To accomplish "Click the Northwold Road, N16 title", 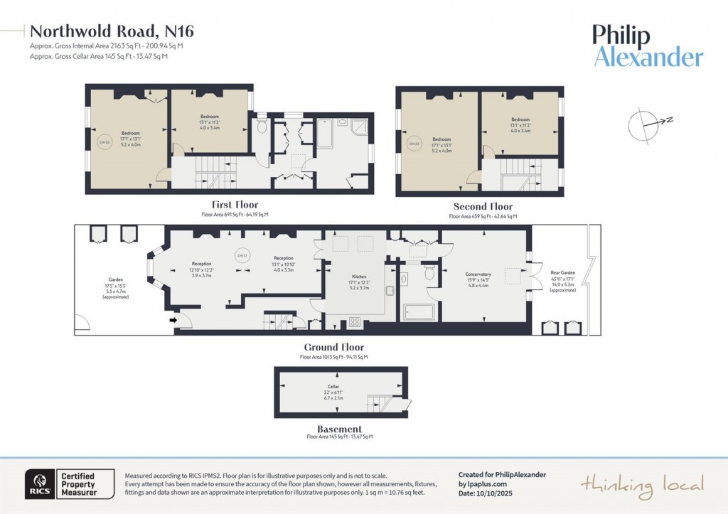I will tap(112, 31).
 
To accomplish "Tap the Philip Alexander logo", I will tap(648, 46).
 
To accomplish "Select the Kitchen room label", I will tap(359, 276).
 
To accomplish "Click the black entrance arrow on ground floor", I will tap(173, 321).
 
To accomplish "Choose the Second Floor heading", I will tap(483, 207).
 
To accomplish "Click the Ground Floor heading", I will tap(333, 348).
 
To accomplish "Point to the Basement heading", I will tap(339, 429).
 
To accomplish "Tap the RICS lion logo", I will tap(38, 484).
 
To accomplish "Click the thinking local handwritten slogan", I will tap(642, 486).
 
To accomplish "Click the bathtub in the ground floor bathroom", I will tap(418, 312).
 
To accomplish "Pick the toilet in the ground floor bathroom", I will tap(429, 272).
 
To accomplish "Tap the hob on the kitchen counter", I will tap(353, 323).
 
